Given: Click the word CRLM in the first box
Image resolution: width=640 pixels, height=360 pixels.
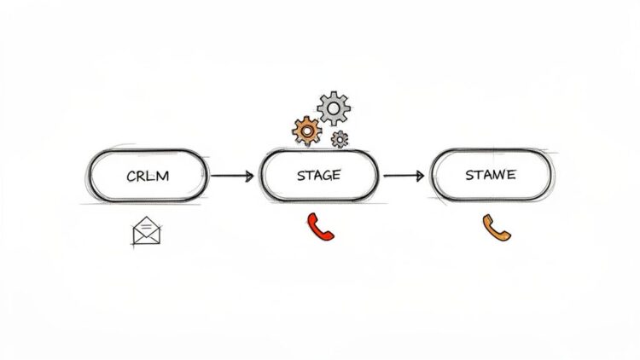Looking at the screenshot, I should pyautogui.click(x=149, y=176).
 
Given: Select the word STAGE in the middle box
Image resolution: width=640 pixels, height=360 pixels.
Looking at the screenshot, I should pyautogui.click(x=318, y=176).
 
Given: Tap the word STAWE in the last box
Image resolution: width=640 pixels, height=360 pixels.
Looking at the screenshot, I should pyautogui.click(x=490, y=175).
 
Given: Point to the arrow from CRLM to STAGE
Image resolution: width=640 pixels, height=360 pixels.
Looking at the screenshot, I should pyautogui.click(x=231, y=177).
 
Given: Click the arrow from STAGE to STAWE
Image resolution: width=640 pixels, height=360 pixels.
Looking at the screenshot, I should pyautogui.click(x=404, y=177).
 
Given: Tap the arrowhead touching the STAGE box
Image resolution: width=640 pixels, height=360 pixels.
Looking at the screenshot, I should pyautogui.click(x=248, y=177).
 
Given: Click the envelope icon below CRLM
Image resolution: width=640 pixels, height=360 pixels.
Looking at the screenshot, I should pyautogui.click(x=147, y=231).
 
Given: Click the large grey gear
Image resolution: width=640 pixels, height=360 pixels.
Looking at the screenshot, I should pyautogui.click(x=333, y=107).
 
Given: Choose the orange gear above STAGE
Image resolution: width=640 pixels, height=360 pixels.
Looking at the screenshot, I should pyautogui.click(x=306, y=131).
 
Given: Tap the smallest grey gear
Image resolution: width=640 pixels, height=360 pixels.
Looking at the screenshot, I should pyautogui.click(x=340, y=138).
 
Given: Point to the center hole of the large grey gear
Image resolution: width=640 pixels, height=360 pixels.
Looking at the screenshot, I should pyautogui.click(x=333, y=107).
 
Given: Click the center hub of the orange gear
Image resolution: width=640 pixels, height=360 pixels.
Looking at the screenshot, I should pyautogui.click(x=306, y=131).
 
